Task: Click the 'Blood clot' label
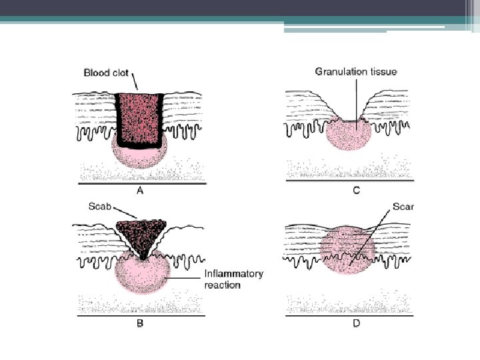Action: (106, 73)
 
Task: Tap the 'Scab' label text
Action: (101, 207)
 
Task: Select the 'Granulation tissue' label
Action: (355, 71)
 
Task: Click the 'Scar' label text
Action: (404, 207)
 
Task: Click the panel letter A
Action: (140, 190)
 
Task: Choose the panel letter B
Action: (140, 324)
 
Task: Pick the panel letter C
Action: (356, 191)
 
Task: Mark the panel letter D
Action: (356, 324)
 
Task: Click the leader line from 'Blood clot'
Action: (134, 84)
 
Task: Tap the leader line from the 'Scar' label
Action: (373, 233)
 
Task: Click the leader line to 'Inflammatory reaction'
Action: (183, 277)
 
